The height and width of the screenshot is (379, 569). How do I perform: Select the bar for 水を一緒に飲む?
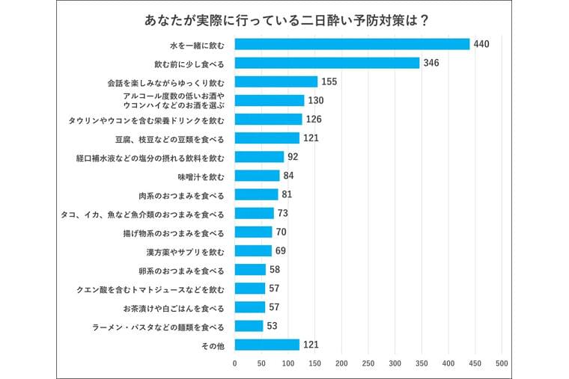352,44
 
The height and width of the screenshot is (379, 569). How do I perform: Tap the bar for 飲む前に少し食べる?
327,63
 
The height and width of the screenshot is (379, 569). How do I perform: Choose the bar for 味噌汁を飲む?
257,176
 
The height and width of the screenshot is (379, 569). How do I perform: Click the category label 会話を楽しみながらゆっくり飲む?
171,81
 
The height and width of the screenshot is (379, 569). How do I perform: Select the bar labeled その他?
267,345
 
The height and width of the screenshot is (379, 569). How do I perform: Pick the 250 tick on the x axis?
368,363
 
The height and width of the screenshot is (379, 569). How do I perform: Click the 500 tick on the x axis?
502,363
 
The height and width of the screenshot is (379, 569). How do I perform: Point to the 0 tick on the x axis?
235,363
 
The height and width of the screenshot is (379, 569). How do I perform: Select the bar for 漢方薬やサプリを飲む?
253,250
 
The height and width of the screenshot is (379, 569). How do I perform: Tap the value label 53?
272,326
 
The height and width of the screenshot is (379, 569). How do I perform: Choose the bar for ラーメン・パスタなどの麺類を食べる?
249,326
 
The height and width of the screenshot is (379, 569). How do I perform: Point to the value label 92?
293,157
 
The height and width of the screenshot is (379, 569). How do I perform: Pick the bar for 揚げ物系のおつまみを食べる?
253,232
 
